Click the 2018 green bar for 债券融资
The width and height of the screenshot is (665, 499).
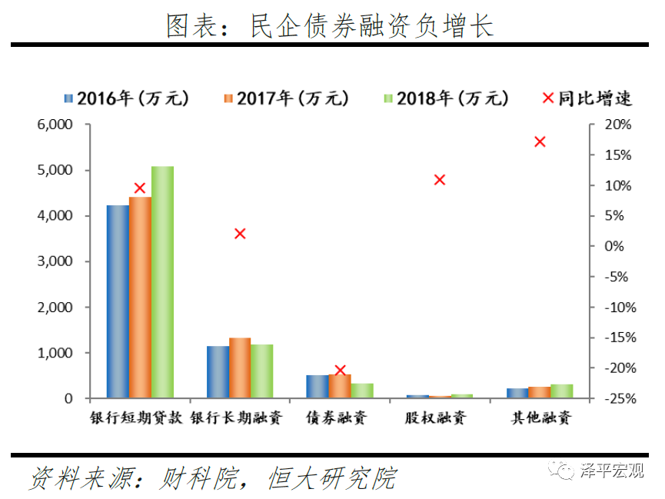click(x=362, y=391)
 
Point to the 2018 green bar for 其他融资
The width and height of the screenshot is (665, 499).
click(x=562, y=391)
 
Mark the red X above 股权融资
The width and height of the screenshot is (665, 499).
click(x=440, y=180)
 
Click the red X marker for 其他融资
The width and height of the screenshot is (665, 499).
click(x=540, y=141)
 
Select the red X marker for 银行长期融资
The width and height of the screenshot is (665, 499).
click(x=240, y=234)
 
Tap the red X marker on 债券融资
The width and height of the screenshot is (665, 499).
click(x=341, y=371)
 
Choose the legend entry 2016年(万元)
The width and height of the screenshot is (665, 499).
click(x=126, y=98)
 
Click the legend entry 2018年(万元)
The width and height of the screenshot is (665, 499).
click(x=446, y=98)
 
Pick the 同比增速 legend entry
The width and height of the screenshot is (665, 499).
click(x=587, y=98)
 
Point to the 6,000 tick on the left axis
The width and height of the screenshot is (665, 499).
click(x=55, y=125)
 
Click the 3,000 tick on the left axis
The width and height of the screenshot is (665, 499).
click(x=55, y=261)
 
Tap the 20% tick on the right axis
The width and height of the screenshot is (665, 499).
click(x=617, y=125)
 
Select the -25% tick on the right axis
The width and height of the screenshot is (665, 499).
click(x=615, y=398)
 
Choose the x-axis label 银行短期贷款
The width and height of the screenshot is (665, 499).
click(x=139, y=418)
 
